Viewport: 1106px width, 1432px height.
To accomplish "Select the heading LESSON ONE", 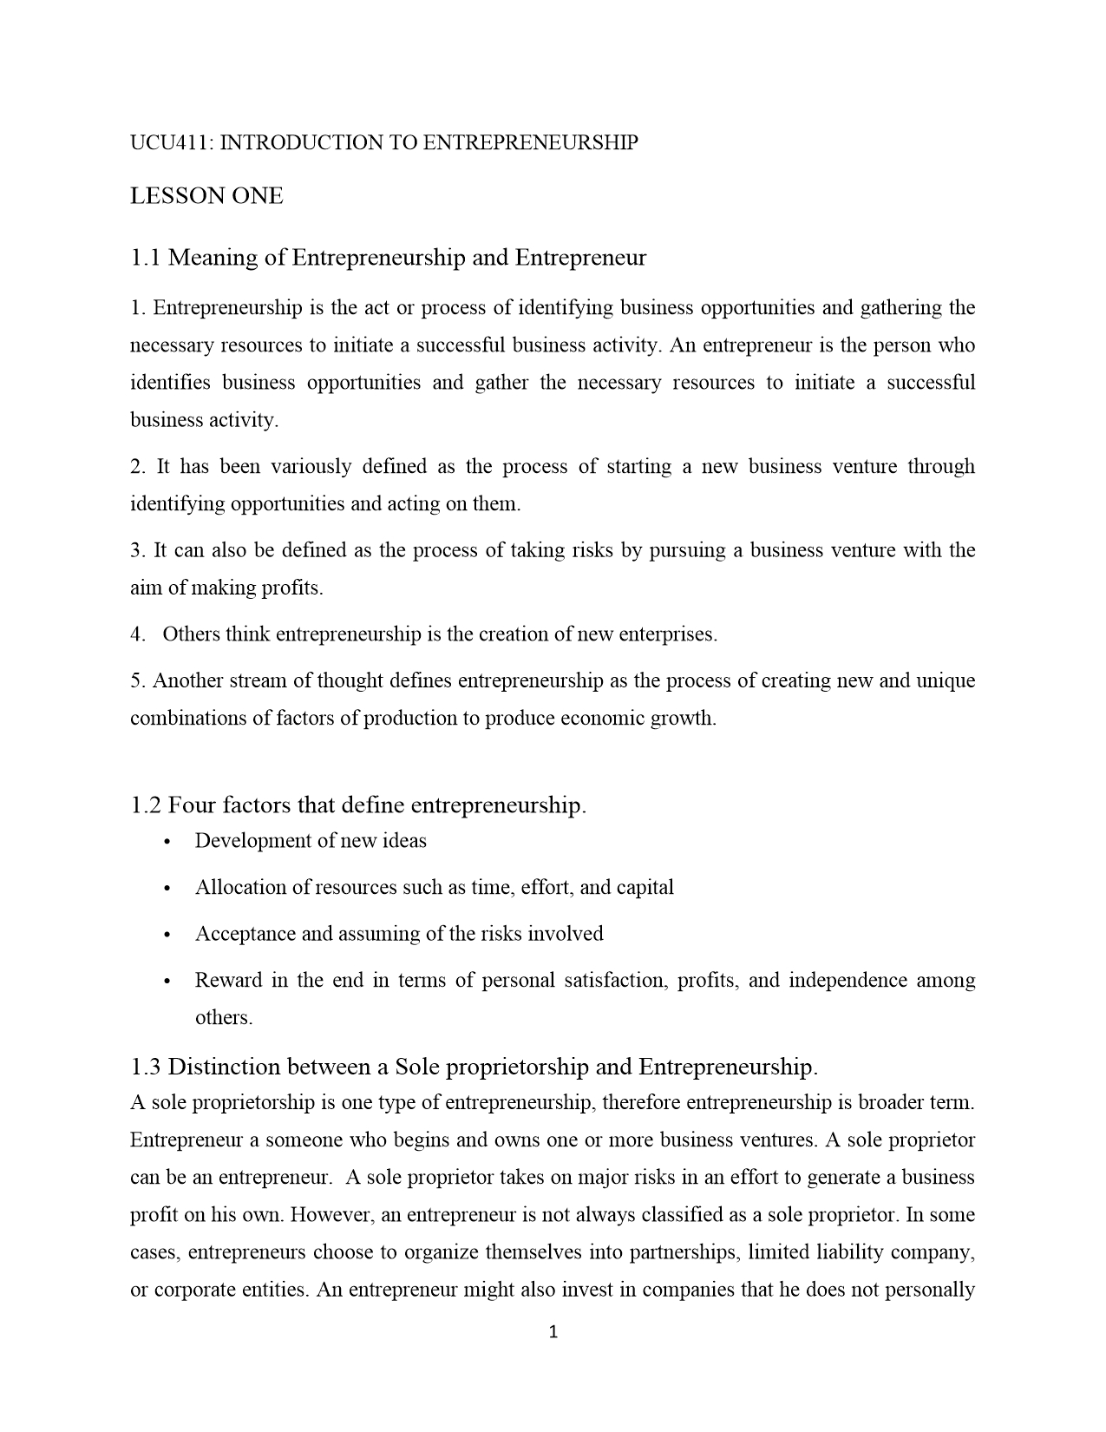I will tap(206, 196).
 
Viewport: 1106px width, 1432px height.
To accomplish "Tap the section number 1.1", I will tap(145, 258).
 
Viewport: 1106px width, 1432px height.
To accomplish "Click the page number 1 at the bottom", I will tap(553, 1332).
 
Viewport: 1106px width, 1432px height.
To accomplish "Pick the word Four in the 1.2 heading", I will tap(192, 805).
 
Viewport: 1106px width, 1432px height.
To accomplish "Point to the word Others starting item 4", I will tap(191, 634).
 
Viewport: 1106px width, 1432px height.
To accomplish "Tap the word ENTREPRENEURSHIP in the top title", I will tap(530, 143).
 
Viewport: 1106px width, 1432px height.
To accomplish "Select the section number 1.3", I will tap(145, 1067).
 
